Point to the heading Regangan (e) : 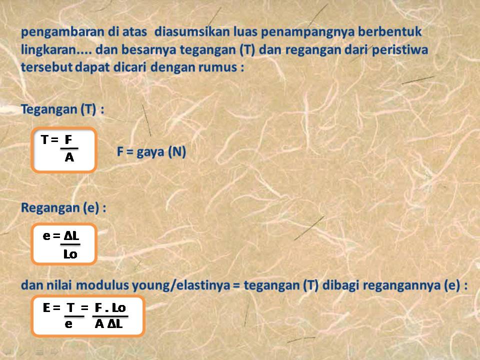[63, 208]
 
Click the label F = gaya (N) [151, 152]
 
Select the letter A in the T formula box [69, 158]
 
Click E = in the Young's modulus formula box [51, 308]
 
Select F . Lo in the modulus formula [110, 308]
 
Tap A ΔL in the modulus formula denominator [109, 324]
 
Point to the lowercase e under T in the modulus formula [68, 324]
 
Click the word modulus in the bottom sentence [104, 286]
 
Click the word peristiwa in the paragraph [404, 50]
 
